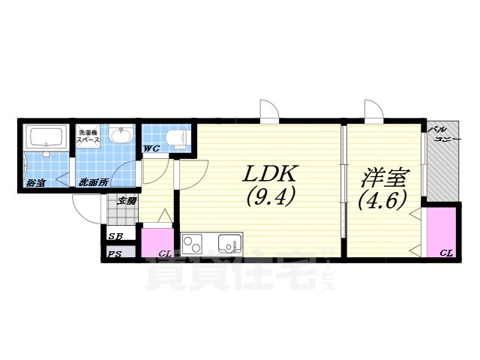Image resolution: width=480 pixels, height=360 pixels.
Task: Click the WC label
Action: (151, 148)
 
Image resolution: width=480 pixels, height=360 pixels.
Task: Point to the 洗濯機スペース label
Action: (89, 137)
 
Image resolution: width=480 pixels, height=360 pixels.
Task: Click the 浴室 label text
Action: (35, 182)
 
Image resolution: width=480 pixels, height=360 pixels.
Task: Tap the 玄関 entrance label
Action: (127, 200)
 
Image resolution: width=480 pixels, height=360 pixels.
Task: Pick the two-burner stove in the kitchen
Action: (193, 244)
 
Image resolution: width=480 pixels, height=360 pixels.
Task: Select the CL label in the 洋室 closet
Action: (446, 253)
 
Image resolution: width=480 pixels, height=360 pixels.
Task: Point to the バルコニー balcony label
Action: (442, 135)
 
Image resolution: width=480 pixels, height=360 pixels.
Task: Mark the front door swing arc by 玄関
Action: (85, 208)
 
